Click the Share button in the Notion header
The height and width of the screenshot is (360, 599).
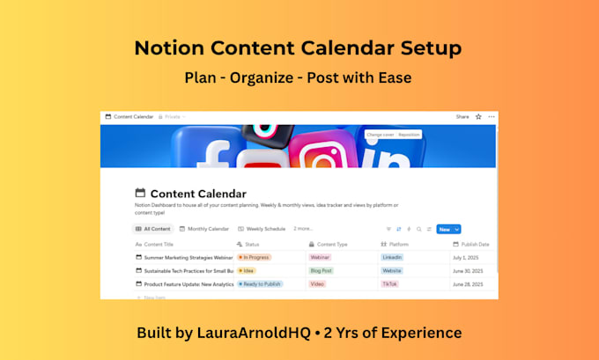pos(462,116)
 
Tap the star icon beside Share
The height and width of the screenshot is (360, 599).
pos(478,116)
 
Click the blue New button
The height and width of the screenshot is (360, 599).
pos(444,229)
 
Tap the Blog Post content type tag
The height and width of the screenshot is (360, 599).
pos(321,271)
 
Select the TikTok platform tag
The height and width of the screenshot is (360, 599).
pos(390,284)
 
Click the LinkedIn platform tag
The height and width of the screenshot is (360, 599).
pos(392,257)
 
